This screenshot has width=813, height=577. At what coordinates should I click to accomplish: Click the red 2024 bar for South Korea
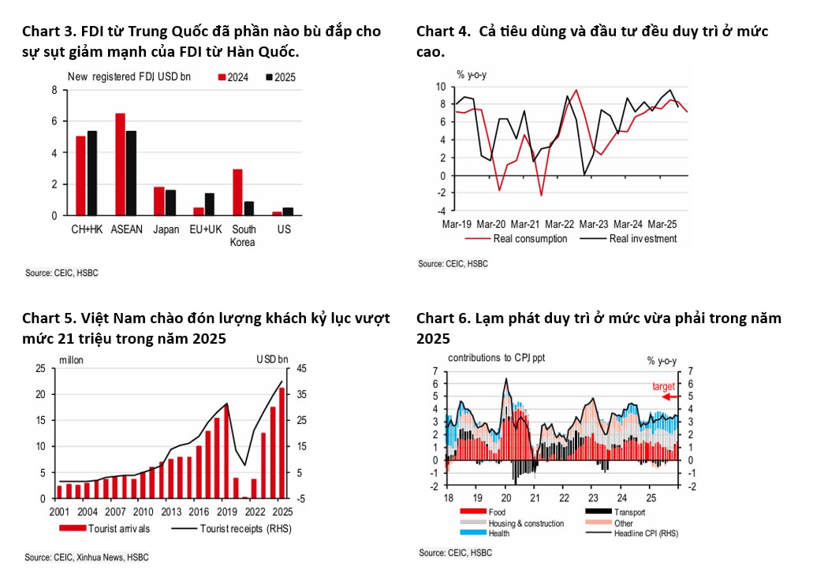(237, 192)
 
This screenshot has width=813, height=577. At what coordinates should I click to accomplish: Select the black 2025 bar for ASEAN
(131, 173)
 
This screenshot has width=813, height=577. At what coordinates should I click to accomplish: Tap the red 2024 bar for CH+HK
(80, 176)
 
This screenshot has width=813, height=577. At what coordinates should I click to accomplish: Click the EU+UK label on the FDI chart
(204, 231)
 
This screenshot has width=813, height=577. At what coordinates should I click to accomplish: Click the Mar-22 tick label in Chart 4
(559, 224)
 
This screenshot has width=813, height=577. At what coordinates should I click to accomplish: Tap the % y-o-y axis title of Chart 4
(473, 75)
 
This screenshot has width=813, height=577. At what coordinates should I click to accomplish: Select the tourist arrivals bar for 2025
(282, 454)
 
